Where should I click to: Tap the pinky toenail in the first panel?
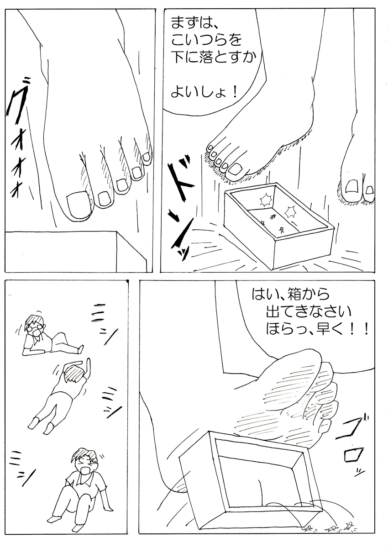[x=147, y=157]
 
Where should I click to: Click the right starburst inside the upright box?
[x=291, y=211]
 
